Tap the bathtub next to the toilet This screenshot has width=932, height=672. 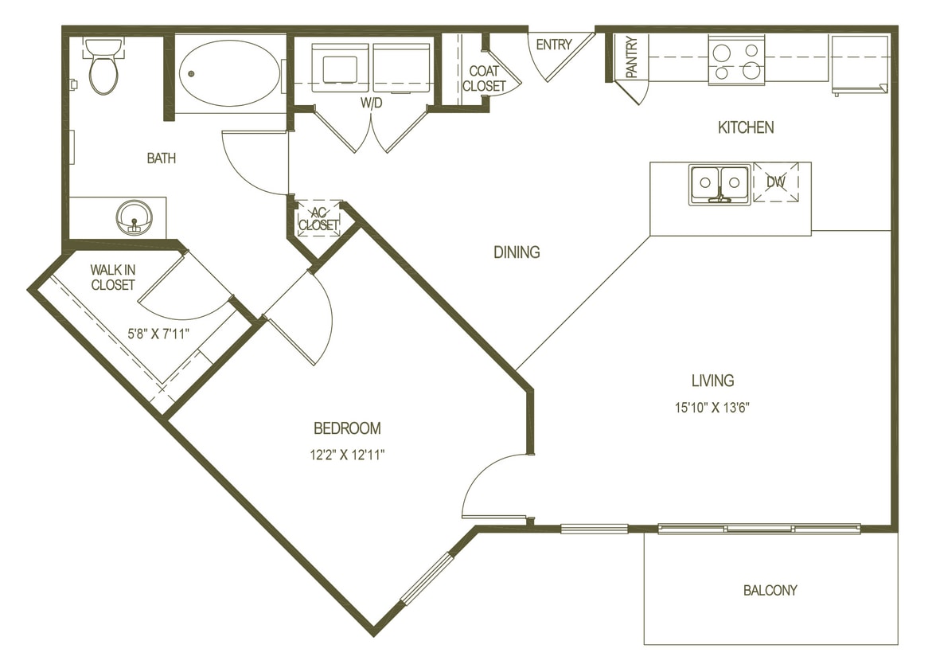[x=228, y=73]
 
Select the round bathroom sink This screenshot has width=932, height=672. [x=134, y=217]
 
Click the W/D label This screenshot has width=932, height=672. [x=371, y=103]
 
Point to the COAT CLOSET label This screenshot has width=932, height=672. [x=484, y=79]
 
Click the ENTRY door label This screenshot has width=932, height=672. [x=554, y=45]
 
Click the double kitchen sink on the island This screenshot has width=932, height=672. [x=719, y=183]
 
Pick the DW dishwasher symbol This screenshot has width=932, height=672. [x=776, y=182]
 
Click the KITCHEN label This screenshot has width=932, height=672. [x=746, y=127]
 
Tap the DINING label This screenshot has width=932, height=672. [x=517, y=252]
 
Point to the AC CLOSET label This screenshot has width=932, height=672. [x=318, y=219]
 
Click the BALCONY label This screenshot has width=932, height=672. [x=770, y=590]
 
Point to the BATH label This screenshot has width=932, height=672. [x=162, y=158]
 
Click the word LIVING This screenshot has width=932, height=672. [x=712, y=381]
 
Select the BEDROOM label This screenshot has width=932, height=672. [x=347, y=428]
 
